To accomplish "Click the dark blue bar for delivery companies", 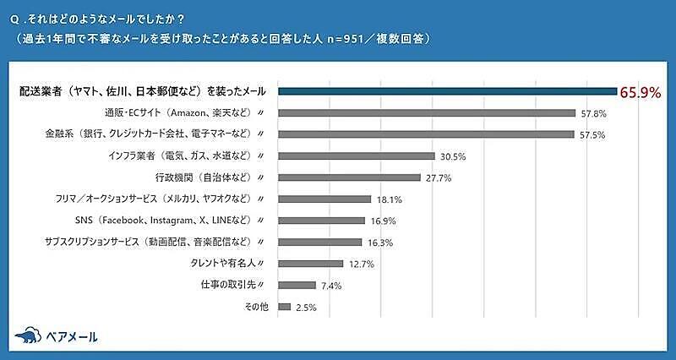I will pos(448,91).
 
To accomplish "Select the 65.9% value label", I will pos(640,92).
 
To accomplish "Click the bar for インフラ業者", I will pos(357,155).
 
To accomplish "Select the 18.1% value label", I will pos(389,199).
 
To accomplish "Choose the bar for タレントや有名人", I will pos(311,264).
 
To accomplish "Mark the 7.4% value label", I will pos(330,286).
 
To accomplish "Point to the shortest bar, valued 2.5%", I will pos(285,307).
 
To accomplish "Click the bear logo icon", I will pos(28,335).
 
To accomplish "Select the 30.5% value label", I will pos(453,156).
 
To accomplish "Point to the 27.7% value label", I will pos(438,177).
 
